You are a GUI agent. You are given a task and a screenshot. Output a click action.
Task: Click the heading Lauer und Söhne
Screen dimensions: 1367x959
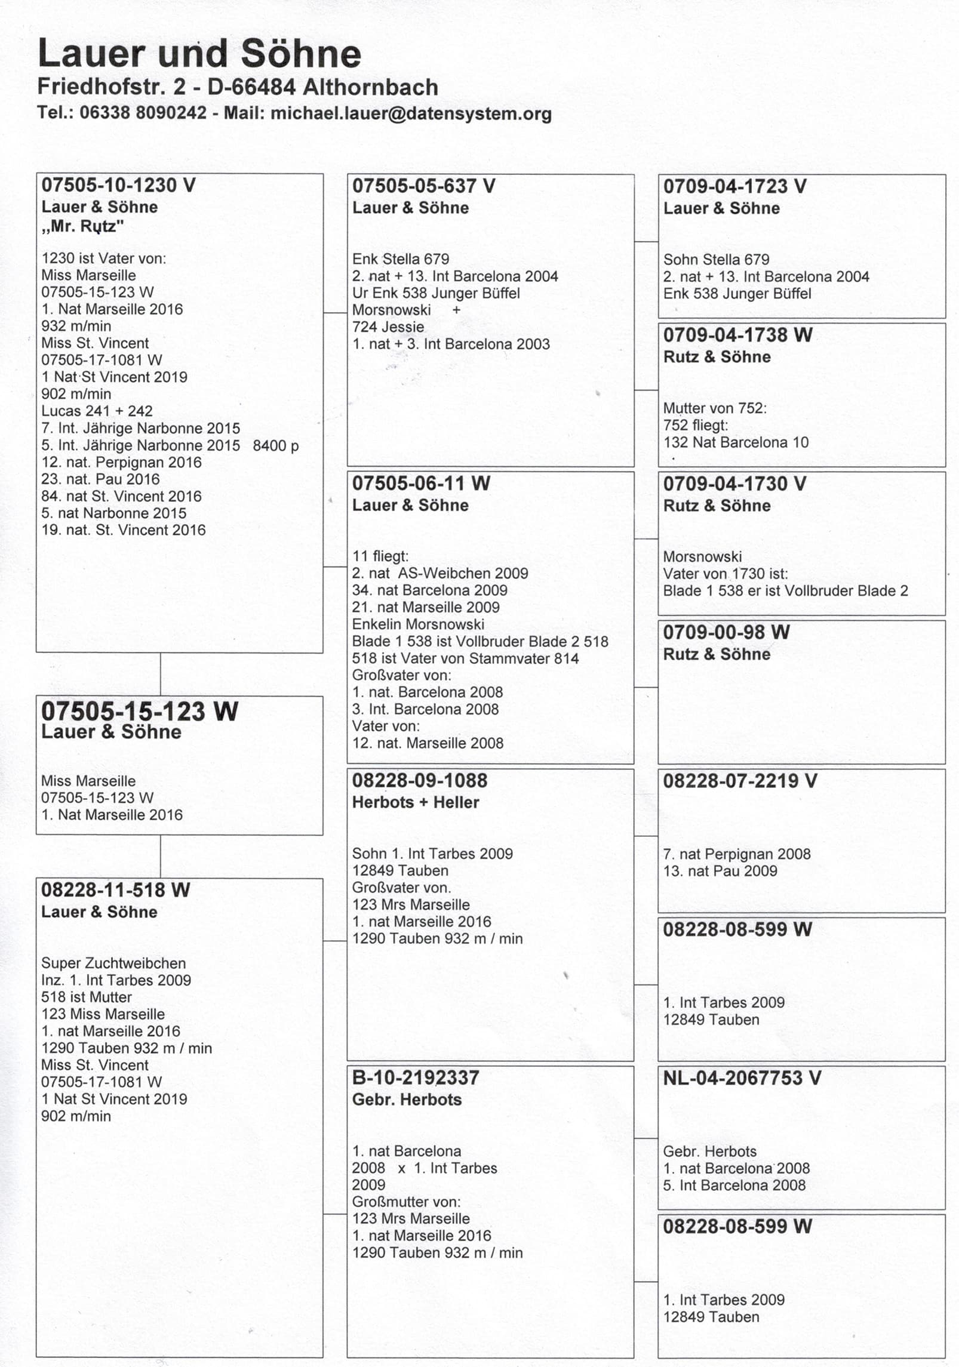point(199,54)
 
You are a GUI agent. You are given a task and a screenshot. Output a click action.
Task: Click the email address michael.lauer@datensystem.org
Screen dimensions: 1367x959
point(411,113)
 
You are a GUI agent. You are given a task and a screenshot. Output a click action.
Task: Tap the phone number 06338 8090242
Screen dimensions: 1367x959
point(143,113)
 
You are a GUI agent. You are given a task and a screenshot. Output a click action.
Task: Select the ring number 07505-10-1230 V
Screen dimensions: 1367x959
point(118,185)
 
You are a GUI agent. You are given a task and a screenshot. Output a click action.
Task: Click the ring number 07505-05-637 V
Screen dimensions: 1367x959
point(423,186)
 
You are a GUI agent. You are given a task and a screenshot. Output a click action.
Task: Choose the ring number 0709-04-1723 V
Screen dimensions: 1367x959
point(734,186)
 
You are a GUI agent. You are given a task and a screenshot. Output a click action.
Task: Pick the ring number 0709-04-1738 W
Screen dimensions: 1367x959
point(737,335)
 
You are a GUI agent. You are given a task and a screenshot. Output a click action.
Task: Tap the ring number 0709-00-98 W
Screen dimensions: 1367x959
point(726,632)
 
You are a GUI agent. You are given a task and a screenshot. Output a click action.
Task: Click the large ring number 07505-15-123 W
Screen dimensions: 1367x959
point(139,711)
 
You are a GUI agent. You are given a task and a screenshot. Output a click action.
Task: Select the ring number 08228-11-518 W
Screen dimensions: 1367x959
point(115,890)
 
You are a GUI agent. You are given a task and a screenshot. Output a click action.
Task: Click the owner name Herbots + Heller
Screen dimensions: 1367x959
point(415,802)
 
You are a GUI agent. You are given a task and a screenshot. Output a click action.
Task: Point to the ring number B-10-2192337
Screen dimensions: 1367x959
point(416,1078)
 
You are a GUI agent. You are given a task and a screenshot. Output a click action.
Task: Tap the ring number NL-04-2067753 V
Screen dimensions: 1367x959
point(742,1078)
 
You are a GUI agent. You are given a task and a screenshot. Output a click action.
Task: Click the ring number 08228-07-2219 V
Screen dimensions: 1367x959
point(739,781)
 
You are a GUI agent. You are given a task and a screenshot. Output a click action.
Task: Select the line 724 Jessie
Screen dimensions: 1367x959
point(388,327)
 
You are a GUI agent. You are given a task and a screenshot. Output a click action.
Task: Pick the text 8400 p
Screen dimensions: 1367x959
point(275,446)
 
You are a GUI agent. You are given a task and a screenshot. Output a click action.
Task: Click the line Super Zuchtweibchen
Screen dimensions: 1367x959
point(113,963)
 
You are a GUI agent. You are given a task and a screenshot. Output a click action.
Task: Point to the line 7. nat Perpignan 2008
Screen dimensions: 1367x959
point(736,854)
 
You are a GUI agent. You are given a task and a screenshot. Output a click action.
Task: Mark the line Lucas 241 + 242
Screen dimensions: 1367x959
point(97,411)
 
